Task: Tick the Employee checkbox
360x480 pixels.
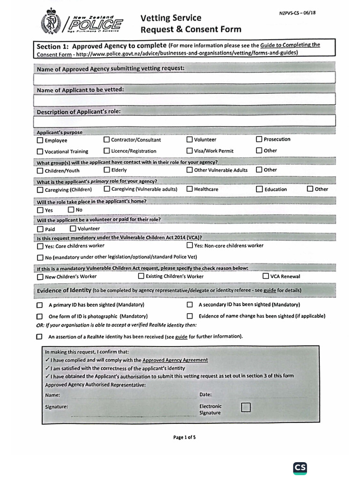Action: pos(40,140)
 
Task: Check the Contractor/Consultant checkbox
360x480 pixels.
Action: pos(106,139)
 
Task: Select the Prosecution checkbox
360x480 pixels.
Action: pos(259,139)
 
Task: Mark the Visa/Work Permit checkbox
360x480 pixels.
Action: pos(189,150)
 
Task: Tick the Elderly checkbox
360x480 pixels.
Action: pos(107,170)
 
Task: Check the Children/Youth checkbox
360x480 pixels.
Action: pos(40,171)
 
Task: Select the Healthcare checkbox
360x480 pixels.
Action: pos(189,189)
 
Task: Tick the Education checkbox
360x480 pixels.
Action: pos(260,189)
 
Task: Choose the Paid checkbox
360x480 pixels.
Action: pos(40,229)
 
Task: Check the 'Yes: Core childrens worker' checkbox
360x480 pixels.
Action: pos(40,246)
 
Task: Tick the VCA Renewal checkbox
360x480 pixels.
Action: pos(266,276)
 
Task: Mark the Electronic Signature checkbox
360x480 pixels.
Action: pos(246,407)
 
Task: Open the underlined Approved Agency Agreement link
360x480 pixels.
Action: pos(175,360)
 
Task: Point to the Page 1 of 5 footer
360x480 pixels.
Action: pos(184,437)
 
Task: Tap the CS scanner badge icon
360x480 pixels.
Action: pos(300,467)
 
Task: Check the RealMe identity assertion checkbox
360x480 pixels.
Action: pos(39,337)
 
